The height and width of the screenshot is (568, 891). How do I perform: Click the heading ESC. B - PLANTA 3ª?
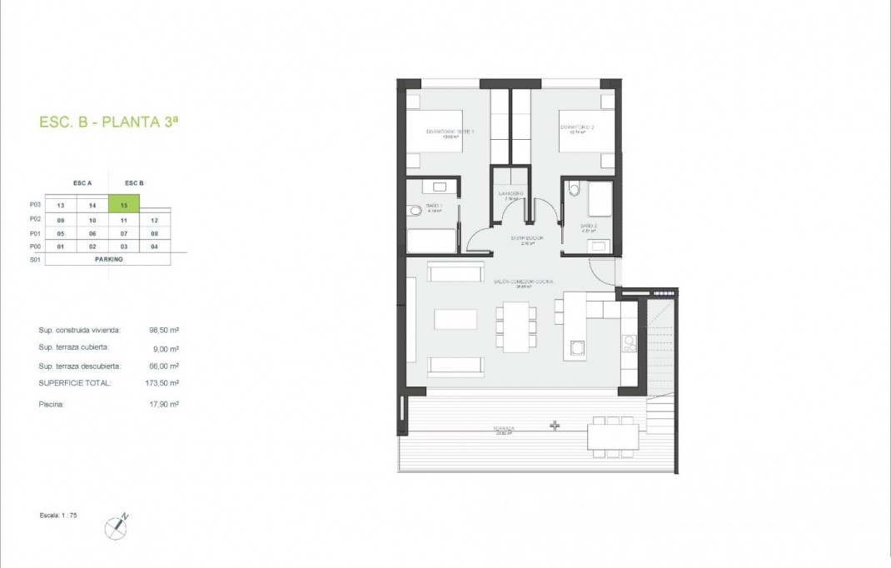(x=108, y=122)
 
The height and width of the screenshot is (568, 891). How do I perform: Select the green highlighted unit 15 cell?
(x=123, y=204)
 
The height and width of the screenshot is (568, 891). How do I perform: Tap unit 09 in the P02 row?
(x=60, y=220)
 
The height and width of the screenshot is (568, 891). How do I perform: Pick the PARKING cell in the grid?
(x=108, y=259)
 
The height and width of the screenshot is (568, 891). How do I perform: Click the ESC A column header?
(x=83, y=183)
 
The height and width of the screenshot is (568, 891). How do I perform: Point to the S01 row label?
(x=34, y=259)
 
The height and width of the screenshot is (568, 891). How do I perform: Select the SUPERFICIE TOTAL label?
(x=74, y=383)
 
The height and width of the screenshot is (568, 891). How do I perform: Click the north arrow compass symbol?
(x=116, y=526)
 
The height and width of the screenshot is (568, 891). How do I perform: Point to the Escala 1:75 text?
(x=58, y=516)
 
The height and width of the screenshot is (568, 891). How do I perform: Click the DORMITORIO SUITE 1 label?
(x=450, y=132)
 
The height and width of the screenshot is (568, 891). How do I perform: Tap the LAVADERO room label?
(x=510, y=194)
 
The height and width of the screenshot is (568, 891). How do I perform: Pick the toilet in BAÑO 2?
(x=573, y=191)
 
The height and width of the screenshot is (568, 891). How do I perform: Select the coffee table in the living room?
(x=455, y=320)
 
